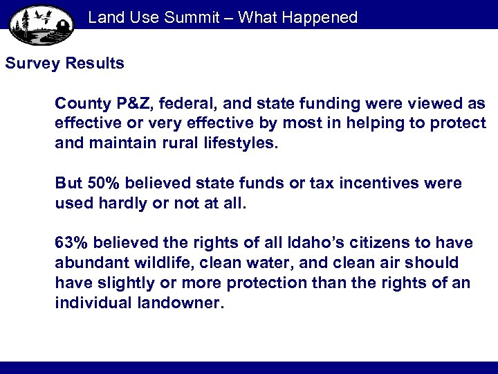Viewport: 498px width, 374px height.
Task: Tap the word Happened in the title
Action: [x=318, y=17]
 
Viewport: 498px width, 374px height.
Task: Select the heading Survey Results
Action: [x=65, y=64]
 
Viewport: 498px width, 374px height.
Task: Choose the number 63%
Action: [x=72, y=243]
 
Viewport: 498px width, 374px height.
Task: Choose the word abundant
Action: [x=87, y=263]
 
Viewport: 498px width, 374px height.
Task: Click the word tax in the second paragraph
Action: [x=312, y=184]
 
